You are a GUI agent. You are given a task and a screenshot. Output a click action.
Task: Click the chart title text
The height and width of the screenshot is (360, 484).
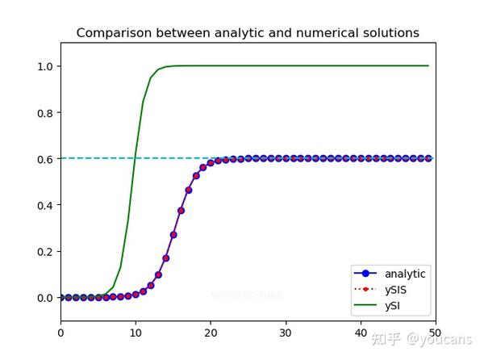(248, 33)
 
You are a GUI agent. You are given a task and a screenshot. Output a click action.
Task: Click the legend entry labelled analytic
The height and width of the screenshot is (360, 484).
(405, 274)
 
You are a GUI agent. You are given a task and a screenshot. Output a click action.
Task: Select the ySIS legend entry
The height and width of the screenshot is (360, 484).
(394, 290)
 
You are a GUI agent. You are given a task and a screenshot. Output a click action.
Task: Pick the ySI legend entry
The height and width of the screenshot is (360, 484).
(391, 306)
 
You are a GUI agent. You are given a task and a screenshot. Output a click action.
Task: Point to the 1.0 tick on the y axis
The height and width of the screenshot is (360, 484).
(44, 66)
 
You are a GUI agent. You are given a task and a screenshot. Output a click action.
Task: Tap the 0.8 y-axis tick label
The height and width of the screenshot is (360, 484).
(44, 112)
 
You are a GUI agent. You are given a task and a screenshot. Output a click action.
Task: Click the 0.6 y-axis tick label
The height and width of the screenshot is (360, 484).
(44, 159)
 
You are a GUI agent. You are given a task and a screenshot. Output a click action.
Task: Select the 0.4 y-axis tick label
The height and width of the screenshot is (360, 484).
(44, 205)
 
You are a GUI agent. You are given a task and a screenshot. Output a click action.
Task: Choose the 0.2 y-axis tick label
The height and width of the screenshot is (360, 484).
(44, 251)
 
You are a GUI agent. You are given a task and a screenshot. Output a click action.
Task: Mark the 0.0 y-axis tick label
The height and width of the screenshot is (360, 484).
(44, 298)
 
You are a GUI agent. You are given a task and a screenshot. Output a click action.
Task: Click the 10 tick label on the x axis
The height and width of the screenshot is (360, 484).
(136, 332)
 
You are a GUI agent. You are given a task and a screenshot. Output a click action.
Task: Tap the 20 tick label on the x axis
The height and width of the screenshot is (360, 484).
(211, 332)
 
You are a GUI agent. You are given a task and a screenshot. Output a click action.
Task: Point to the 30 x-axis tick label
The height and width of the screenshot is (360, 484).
(286, 332)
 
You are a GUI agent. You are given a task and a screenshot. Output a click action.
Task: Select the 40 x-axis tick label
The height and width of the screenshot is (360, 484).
(361, 332)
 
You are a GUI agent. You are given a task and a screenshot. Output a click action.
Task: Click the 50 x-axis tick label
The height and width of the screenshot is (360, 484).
(436, 332)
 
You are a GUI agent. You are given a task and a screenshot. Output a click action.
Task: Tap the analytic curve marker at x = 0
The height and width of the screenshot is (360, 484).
(60, 298)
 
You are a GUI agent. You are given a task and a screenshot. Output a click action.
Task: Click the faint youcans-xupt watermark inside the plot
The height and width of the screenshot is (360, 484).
(246, 295)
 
